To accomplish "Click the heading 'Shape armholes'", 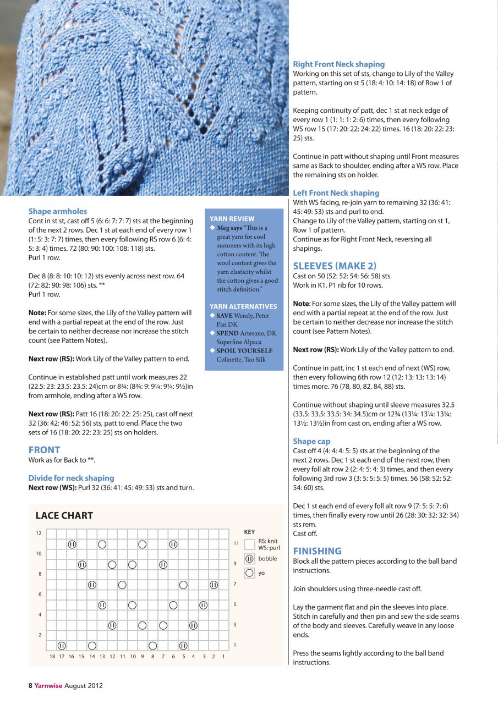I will (58, 211).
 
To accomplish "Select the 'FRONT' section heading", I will (44, 449).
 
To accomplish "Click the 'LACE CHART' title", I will (64, 515).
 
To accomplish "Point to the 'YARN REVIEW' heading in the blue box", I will (232, 218).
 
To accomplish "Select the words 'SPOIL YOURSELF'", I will (244, 350).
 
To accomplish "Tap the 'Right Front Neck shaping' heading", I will (338, 64).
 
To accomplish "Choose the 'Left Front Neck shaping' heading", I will (336, 193).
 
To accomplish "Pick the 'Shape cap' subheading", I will (311, 441).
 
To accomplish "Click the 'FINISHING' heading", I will (317, 551).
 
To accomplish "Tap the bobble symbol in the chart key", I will (249, 559).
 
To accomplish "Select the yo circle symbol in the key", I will (249, 573).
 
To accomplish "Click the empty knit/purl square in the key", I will (249, 544).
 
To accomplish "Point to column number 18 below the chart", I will (52, 656).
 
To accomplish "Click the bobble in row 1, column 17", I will (62, 645).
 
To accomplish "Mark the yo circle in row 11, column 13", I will (102, 544).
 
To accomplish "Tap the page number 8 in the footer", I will (31, 685).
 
